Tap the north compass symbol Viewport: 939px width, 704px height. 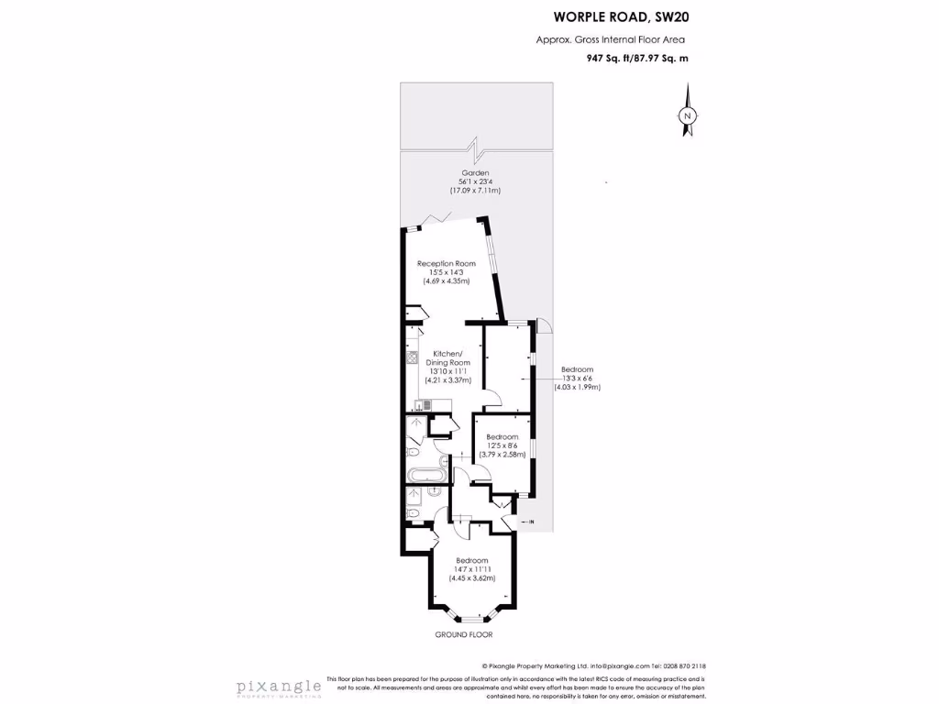686,115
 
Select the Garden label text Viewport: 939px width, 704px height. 475,172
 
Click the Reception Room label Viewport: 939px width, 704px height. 447,264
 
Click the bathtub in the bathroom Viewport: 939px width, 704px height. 426,477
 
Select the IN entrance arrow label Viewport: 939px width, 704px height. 531,522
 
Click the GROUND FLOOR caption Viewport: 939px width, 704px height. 463,634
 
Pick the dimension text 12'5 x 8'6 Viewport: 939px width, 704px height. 502,445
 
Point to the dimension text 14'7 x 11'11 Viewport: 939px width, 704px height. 472,569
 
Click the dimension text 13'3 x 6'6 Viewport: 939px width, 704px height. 578,379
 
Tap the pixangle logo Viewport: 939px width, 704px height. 279,686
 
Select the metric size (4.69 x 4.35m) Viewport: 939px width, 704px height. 447,281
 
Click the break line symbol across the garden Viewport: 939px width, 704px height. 474,148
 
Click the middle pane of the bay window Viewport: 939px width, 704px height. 472,620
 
